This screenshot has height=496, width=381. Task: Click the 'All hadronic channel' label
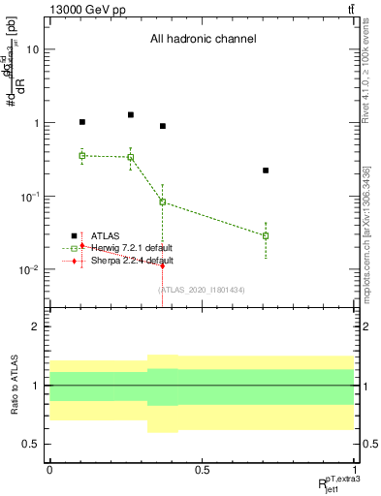click(x=202, y=39)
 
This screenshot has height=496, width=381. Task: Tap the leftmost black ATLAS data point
click(x=82, y=122)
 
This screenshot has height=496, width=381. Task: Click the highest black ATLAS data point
click(x=131, y=114)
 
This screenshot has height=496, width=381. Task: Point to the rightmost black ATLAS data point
click(x=266, y=170)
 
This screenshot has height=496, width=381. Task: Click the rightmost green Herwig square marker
click(x=266, y=235)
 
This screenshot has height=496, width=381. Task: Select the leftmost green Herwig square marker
click(x=82, y=155)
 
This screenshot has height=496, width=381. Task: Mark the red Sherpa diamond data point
click(x=163, y=264)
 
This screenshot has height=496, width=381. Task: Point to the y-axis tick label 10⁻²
click(x=30, y=269)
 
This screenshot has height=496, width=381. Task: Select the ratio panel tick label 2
click(x=37, y=327)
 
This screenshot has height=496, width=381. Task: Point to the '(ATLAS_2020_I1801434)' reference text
click(x=202, y=290)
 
